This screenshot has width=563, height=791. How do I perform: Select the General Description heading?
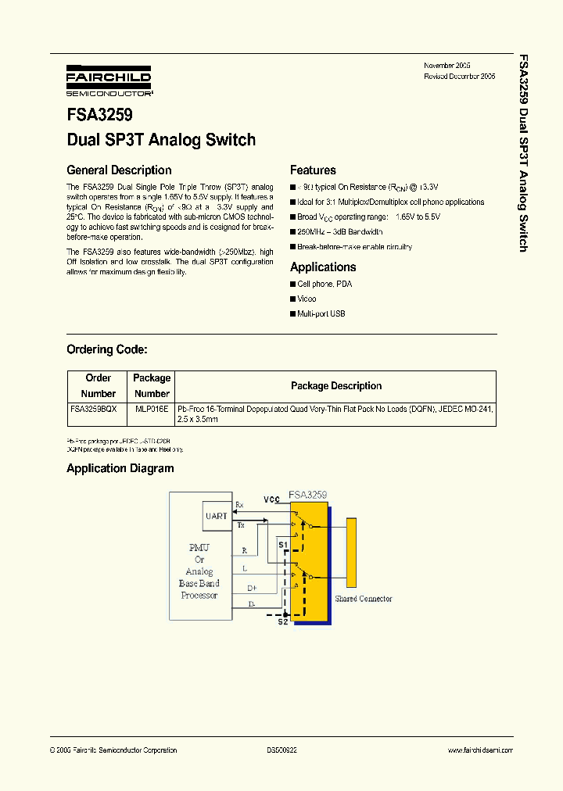119,170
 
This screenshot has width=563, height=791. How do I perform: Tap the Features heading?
313,170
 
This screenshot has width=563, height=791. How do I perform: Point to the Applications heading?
323,267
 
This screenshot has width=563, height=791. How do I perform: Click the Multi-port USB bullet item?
321,313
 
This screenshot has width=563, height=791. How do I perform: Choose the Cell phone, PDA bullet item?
325,284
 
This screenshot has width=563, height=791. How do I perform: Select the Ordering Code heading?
106,349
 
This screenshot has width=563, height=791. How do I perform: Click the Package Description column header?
336,386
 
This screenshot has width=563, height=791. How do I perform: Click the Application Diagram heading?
120,469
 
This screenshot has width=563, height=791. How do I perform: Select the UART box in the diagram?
217,516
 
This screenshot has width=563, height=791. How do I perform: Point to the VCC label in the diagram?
271,499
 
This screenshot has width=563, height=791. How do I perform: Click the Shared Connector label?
364,599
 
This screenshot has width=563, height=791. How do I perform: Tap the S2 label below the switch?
283,621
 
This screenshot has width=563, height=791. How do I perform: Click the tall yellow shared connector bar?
352,552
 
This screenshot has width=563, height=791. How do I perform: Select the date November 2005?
447,66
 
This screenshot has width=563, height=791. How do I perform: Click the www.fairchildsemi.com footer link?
480,750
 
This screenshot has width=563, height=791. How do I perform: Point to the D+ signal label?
252,587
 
